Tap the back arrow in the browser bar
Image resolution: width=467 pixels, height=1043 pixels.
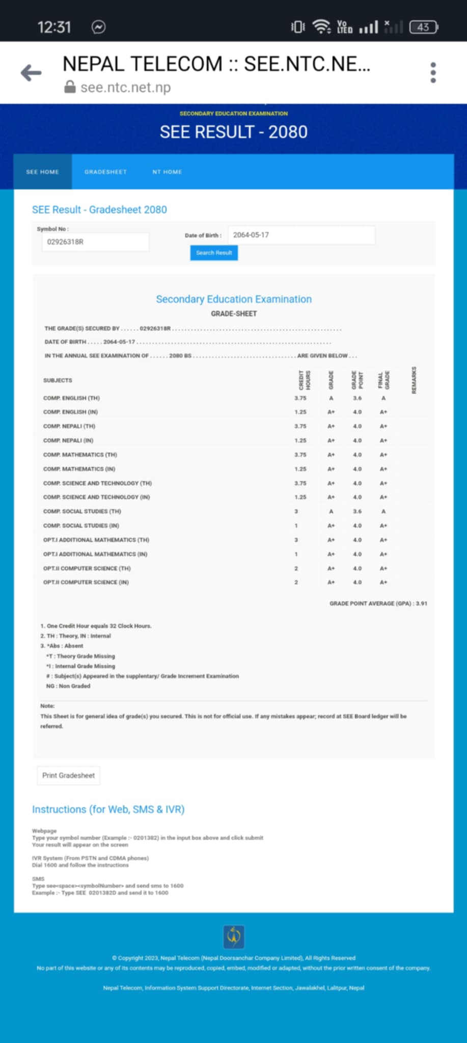tap(31, 73)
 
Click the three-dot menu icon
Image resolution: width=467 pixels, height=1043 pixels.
tap(433, 73)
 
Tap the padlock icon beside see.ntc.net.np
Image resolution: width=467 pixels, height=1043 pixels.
tap(70, 88)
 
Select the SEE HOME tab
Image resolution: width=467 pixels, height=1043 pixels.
tap(43, 172)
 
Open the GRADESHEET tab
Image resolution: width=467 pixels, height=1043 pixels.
tap(105, 172)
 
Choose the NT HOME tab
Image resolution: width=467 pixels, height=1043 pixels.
tap(167, 172)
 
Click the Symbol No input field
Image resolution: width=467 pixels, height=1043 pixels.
tap(95, 242)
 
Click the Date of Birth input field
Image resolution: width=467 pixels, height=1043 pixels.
tap(301, 235)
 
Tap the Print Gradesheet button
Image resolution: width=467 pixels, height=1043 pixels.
tap(69, 775)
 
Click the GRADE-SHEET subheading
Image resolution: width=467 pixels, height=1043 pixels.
tap(234, 314)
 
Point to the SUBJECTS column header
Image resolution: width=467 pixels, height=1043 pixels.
tap(58, 380)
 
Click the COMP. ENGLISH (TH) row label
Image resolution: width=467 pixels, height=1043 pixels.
tap(71, 398)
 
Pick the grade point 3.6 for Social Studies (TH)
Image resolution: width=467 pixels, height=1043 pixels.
tap(358, 511)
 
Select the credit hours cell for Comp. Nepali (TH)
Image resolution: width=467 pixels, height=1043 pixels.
tap(300, 426)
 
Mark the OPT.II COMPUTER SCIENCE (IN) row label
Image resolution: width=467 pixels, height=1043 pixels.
tap(86, 582)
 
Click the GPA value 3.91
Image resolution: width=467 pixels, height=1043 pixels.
tap(421, 603)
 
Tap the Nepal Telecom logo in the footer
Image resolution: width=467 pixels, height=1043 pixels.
tap(234, 937)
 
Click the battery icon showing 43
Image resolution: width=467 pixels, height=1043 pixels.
tap(423, 27)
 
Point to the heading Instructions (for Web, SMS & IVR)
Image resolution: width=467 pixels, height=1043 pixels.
tap(108, 809)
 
